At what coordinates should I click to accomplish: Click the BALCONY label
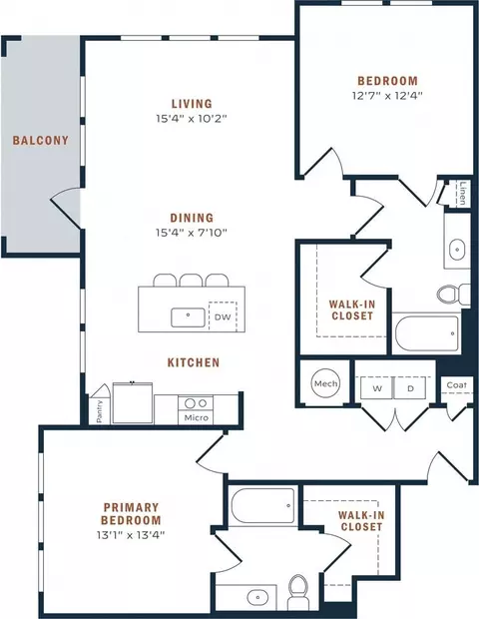pos(41,140)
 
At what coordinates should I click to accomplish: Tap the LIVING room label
pos(192,104)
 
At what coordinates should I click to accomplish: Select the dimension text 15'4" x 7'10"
pos(192,233)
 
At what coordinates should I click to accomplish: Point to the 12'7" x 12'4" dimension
pos(387,96)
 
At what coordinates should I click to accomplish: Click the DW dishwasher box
pos(223,316)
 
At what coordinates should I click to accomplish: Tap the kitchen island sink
pos(189,317)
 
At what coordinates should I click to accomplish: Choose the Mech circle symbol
pos(326,383)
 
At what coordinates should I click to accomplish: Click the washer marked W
pos(377,387)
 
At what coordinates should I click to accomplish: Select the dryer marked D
pos(410,387)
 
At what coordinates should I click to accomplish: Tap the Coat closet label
pos(456,385)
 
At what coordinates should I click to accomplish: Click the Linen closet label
pos(463,193)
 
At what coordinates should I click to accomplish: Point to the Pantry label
pos(100,411)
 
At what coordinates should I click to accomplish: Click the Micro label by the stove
pos(197,417)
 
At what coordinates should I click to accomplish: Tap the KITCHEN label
pos(194,362)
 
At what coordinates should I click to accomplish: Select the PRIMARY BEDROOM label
pos(131,513)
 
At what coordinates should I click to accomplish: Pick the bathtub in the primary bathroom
pos(262,506)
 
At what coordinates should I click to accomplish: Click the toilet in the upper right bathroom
pos(454,295)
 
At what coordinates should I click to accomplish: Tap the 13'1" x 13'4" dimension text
pos(131,535)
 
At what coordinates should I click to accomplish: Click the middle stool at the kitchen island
pos(191,280)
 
